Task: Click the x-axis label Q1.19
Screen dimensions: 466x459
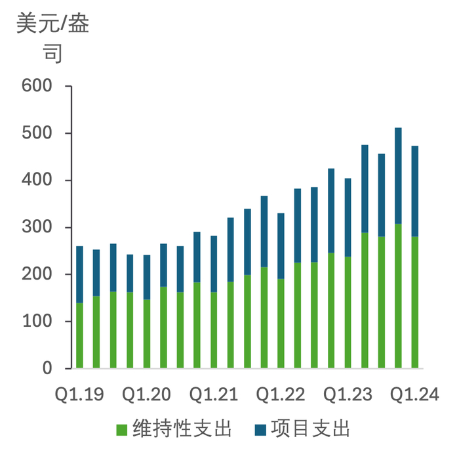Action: [79, 394]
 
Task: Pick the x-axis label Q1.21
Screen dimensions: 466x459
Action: [213, 394]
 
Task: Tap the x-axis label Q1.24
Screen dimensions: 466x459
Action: [414, 394]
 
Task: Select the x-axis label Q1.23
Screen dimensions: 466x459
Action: [348, 394]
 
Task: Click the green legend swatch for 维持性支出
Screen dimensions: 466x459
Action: [123, 430]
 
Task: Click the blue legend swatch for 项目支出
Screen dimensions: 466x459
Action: [261, 430]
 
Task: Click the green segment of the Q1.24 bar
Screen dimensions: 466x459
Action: [415, 302]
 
